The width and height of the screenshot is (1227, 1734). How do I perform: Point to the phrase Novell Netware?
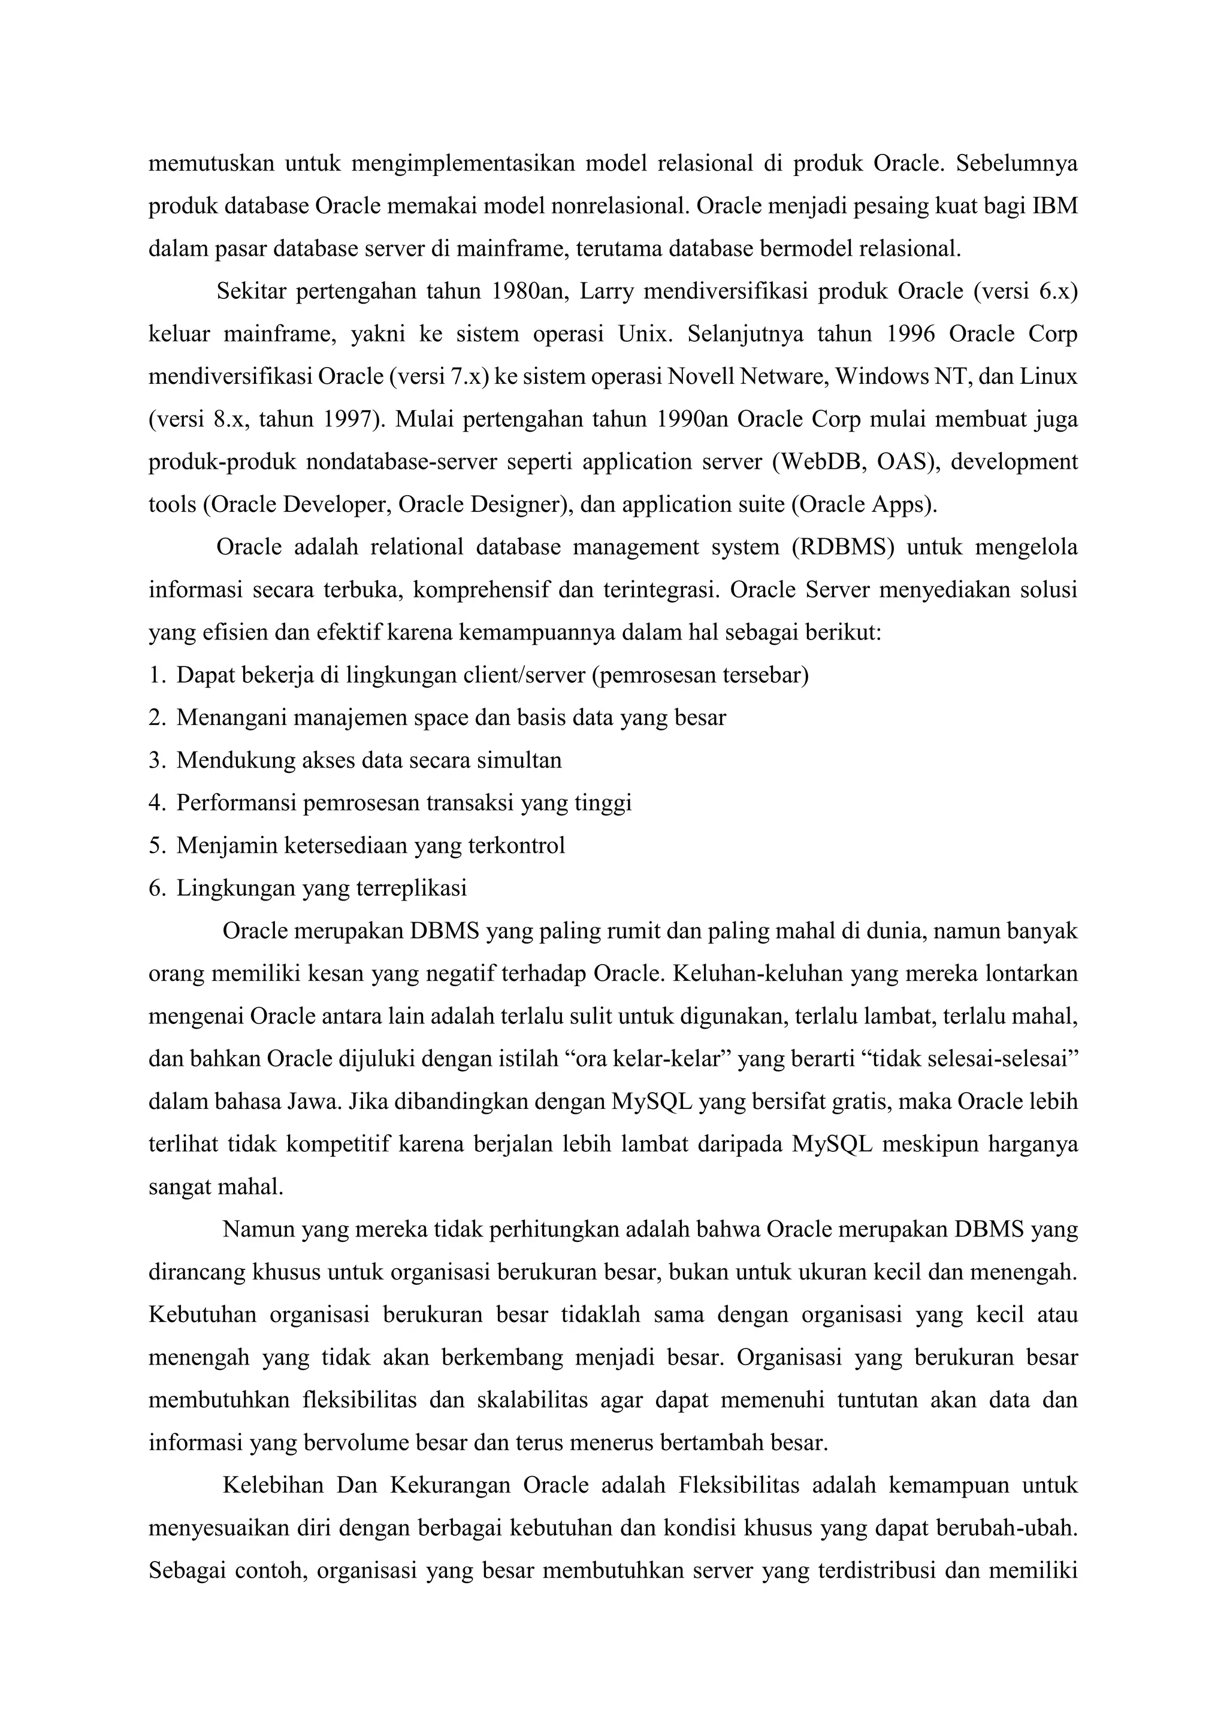(748, 376)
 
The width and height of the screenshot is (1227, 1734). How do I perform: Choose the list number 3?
(156, 760)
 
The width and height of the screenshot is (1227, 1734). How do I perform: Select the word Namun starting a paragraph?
(259, 1229)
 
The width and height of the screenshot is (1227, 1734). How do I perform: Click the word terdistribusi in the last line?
(877, 1571)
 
